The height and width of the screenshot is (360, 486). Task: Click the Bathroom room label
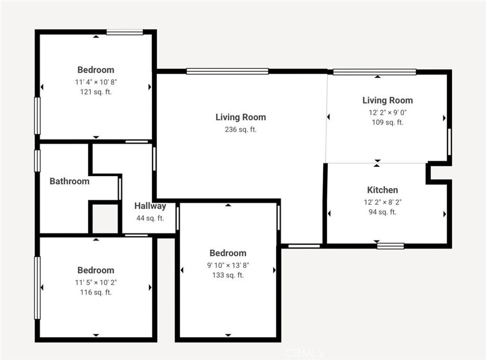coord(69,181)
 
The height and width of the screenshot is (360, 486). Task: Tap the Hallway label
coord(150,206)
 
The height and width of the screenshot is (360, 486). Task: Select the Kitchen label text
coord(383,190)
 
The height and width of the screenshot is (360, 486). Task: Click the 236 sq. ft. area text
coord(240,129)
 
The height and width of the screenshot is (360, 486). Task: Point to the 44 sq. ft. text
coord(150,218)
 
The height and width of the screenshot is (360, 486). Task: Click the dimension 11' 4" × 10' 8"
coord(96,82)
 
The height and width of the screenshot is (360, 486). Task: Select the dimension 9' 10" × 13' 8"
coord(228,265)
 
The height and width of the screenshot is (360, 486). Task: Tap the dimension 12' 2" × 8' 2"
coord(383,202)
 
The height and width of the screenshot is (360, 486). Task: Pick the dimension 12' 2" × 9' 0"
coord(387,112)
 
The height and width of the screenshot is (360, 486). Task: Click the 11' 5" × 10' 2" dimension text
coord(96,282)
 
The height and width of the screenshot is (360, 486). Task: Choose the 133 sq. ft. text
coord(228,275)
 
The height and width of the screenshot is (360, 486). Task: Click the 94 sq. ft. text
coord(383,212)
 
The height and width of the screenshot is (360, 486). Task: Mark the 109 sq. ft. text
coord(387,123)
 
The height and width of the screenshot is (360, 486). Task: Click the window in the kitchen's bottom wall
coord(390,246)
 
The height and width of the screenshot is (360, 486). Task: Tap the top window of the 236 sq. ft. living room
coord(227,71)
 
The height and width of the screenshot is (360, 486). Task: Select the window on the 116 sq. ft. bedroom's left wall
coord(37,288)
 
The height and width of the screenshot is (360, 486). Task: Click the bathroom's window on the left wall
coord(37,161)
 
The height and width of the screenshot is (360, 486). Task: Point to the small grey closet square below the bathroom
coord(105,218)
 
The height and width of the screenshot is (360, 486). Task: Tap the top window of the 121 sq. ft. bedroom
coord(125,32)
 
